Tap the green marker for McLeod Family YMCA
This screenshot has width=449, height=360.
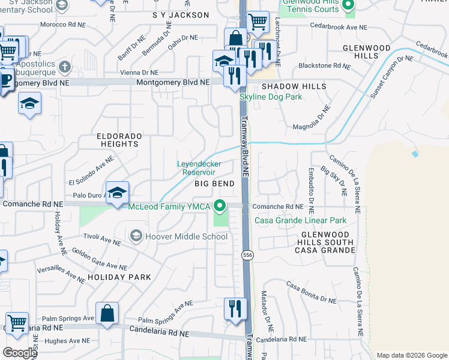220,207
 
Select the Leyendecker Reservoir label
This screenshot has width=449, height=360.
199,167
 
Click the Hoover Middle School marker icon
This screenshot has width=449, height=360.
136,236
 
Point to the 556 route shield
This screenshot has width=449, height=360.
247,256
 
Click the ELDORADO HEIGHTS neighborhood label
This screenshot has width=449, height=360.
119,140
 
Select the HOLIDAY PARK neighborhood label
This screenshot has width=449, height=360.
119,277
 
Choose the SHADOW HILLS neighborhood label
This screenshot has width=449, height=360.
294,86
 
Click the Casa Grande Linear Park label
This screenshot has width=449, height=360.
301,220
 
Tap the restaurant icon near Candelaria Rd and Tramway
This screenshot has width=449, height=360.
235,308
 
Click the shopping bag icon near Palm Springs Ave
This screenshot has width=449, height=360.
107,313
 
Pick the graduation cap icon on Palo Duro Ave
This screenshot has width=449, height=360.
118,192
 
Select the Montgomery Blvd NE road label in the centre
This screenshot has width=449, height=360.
173,82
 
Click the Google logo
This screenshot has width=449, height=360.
20,353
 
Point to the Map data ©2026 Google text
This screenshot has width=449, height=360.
411,355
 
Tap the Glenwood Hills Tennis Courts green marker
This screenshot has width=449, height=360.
348,7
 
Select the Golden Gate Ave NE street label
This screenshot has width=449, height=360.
100,259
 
